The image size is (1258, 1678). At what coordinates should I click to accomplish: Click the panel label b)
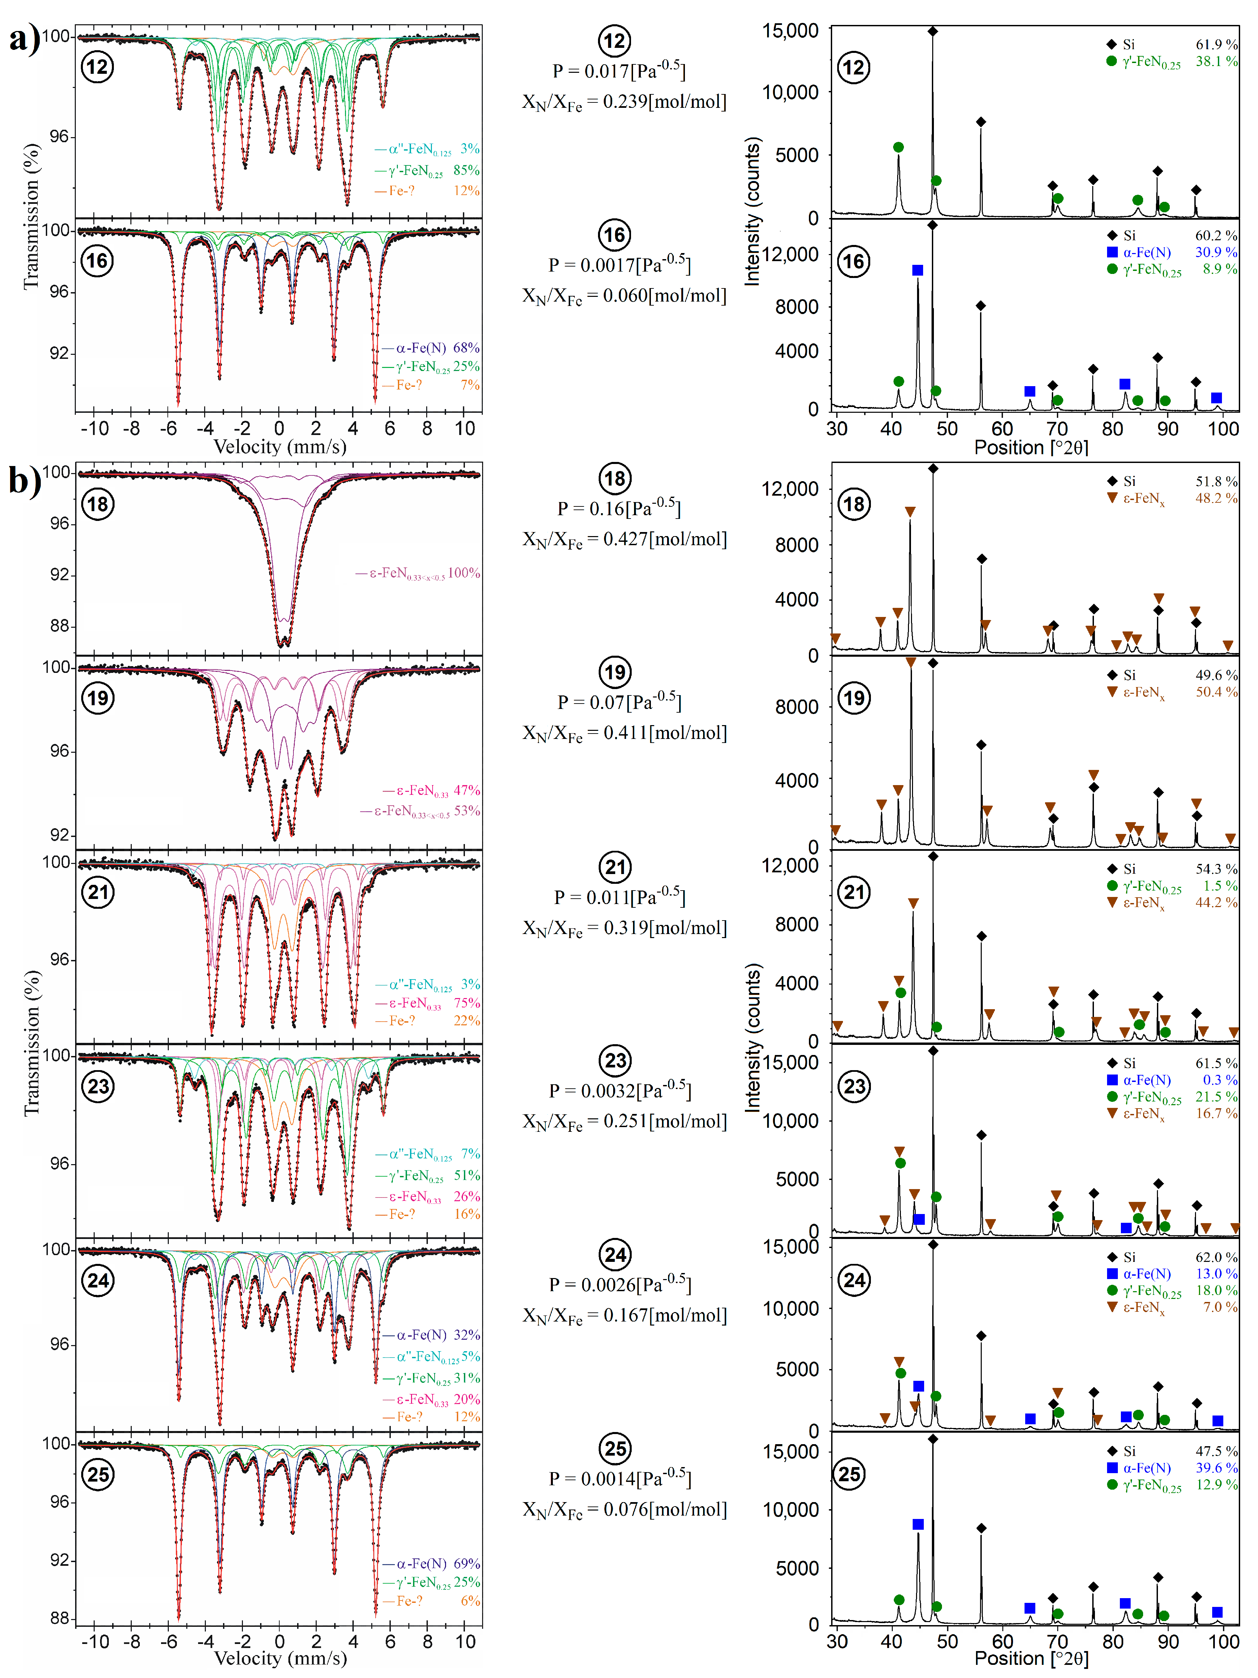pos(24,480)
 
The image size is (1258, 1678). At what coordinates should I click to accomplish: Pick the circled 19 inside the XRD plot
pos(854,698)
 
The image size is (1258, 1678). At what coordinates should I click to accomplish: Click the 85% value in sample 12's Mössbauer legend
pos(466,170)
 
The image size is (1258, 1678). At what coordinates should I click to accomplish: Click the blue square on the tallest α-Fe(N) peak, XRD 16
pos(917,270)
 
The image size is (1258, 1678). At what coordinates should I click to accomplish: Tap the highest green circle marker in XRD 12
pos(899,147)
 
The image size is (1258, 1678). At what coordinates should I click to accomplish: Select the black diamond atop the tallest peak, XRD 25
pos(933,1439)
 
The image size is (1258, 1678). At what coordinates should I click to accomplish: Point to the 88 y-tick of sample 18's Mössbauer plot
pos(59,626)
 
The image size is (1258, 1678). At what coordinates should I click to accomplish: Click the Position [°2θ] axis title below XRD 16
pos(1031,447)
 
